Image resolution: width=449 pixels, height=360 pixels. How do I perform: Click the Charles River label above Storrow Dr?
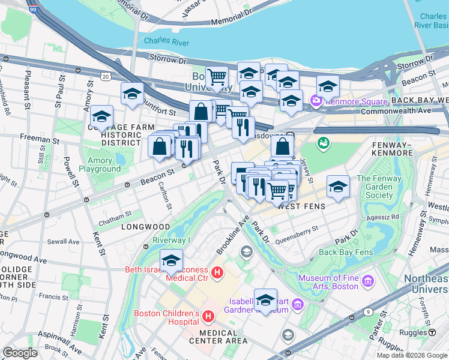coord(166,42)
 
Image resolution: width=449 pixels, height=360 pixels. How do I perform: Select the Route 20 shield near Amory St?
coord(106,76)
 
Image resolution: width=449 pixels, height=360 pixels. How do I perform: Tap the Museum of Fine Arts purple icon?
coord(368,281)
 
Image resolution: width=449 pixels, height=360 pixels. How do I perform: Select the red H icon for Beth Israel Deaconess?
coord(218,274)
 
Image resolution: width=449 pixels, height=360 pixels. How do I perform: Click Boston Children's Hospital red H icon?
coord(208,316)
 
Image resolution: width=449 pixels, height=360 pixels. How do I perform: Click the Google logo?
coord(20,353)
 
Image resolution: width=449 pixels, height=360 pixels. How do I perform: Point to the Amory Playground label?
coord(100,164)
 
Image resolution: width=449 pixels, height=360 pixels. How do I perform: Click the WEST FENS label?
coord(302,206)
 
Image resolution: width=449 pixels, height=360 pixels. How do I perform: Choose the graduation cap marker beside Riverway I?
coord(171,261)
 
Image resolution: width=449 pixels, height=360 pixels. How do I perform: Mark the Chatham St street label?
coord(115,214)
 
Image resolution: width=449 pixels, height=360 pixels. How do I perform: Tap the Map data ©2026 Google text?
coord(411,355)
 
